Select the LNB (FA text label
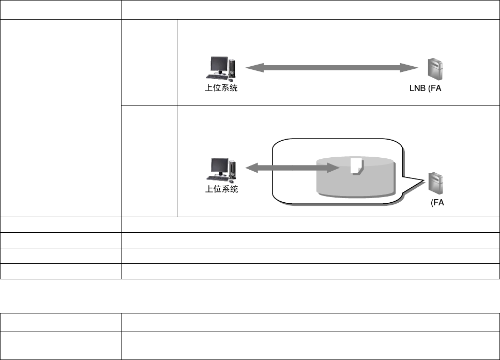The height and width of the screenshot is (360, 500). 425,88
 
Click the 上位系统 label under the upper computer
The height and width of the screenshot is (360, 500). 221,88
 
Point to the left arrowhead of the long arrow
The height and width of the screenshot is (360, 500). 250,67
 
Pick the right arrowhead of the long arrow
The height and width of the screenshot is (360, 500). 413,67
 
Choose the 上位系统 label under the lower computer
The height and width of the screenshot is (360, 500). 221,190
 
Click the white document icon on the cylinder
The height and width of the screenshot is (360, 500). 355,165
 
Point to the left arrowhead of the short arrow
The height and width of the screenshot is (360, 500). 249,167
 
